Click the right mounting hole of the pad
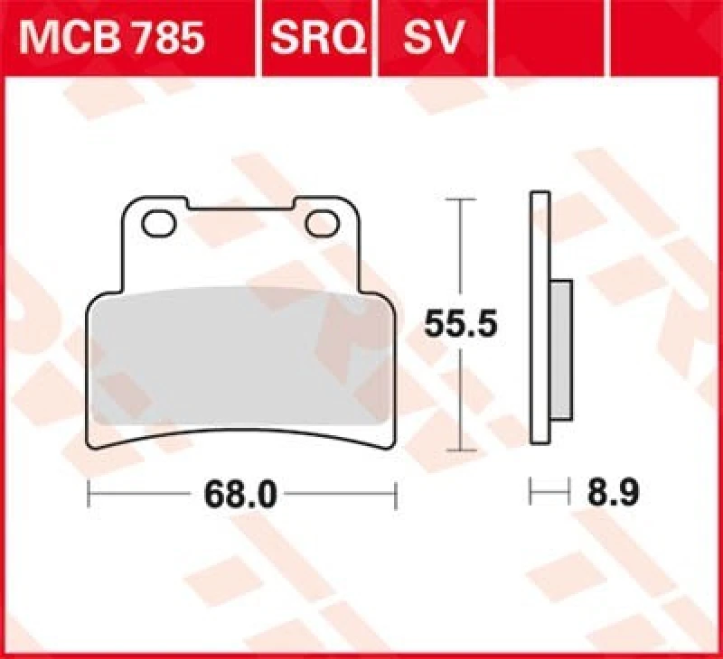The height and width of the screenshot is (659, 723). pyautogui.click(x=320, y=222)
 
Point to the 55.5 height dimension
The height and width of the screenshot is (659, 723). pyautogui.click(x=461, y=321)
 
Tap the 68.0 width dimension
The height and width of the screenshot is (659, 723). pyautogui.click(x=242, y=494)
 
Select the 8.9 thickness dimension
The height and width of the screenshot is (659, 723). pyautogui.click(x=614, y=494)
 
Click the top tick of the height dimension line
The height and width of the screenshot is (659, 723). pyautogui.click(x=461, y=198)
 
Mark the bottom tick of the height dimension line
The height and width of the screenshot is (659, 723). pyautogui.click(x=461, y=449)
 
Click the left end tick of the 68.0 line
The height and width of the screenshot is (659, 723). pyautogui.click(x=89, y=494)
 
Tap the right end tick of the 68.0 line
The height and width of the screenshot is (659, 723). pyautogui.click(x=396, y=494)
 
